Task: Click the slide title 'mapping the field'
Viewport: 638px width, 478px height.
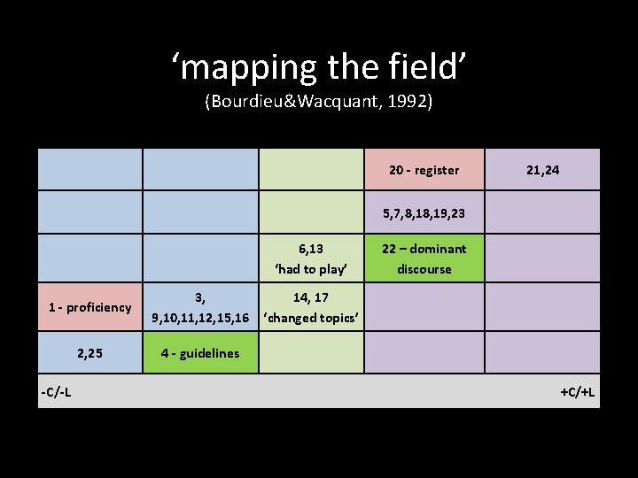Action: click(x=318, y=66)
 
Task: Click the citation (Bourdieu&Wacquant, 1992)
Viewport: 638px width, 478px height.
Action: click(x=318, y=102)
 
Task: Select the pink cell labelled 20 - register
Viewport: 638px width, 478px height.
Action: click(x=424, y=170)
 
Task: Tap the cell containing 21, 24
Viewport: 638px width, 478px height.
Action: click(x=542, y=170)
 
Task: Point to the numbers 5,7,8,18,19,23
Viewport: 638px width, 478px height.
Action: click(x=424, y=213)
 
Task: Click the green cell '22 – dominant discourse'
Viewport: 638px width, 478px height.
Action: click(x=424, y=258)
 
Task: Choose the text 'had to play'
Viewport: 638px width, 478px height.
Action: click(x=310, y=269)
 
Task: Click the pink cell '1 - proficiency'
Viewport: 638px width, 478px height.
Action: click(x=90, y=308)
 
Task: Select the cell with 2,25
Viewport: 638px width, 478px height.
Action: click(x=90, y=353)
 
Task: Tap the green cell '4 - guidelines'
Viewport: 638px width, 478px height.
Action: click(x=200, y=353)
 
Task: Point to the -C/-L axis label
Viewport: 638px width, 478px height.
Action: click(x=57, y=391)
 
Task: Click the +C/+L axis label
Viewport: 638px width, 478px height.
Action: click(x=577, y=391)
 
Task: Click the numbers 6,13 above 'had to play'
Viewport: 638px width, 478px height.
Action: click(x=310, y=249)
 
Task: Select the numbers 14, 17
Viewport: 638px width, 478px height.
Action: click(x=310, y=298)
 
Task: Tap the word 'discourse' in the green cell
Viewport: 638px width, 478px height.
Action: click(x=424, y=269)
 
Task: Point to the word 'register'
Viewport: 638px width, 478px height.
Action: click(x=437, y=170)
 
